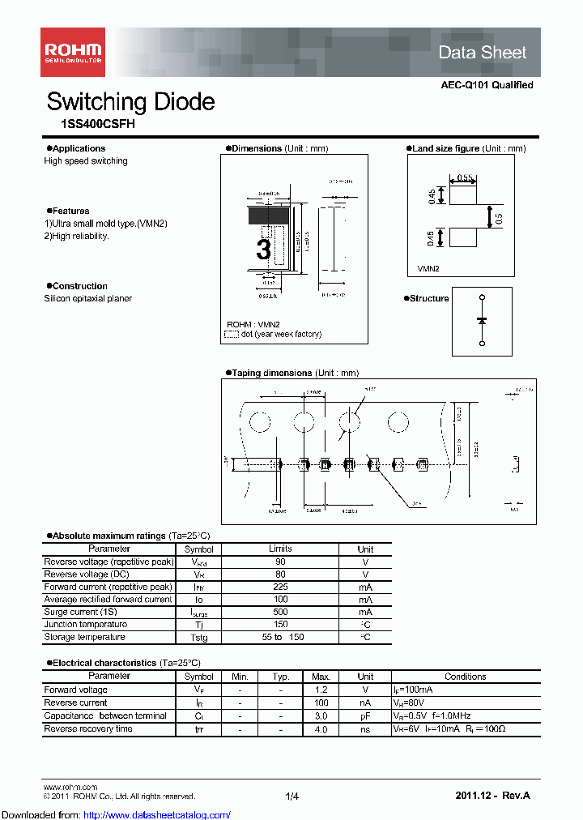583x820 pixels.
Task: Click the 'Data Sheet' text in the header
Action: point(482,53)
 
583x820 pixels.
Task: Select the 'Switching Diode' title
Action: point(130,102)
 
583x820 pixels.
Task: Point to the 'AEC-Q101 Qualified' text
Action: point(487,85)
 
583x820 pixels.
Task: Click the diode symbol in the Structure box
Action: point(482,321)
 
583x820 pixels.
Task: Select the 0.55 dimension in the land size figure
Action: point(465,177)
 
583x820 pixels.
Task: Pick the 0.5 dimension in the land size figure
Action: point(500,217)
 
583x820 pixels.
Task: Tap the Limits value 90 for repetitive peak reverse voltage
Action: point(280,562)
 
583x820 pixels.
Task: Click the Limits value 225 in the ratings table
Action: point(280,587)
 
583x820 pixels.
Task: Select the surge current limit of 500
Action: point(280,612)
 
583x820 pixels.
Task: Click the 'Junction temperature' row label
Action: point(86,625)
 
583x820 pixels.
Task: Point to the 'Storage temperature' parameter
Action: point(85,637)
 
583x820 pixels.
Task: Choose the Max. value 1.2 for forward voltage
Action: point(321,690)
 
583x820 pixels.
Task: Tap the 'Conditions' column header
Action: point(465,677)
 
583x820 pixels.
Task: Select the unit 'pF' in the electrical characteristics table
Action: point(365,715)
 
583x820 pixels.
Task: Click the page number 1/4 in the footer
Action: point(291,797)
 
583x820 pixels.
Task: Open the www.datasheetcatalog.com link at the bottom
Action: point(116,814)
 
